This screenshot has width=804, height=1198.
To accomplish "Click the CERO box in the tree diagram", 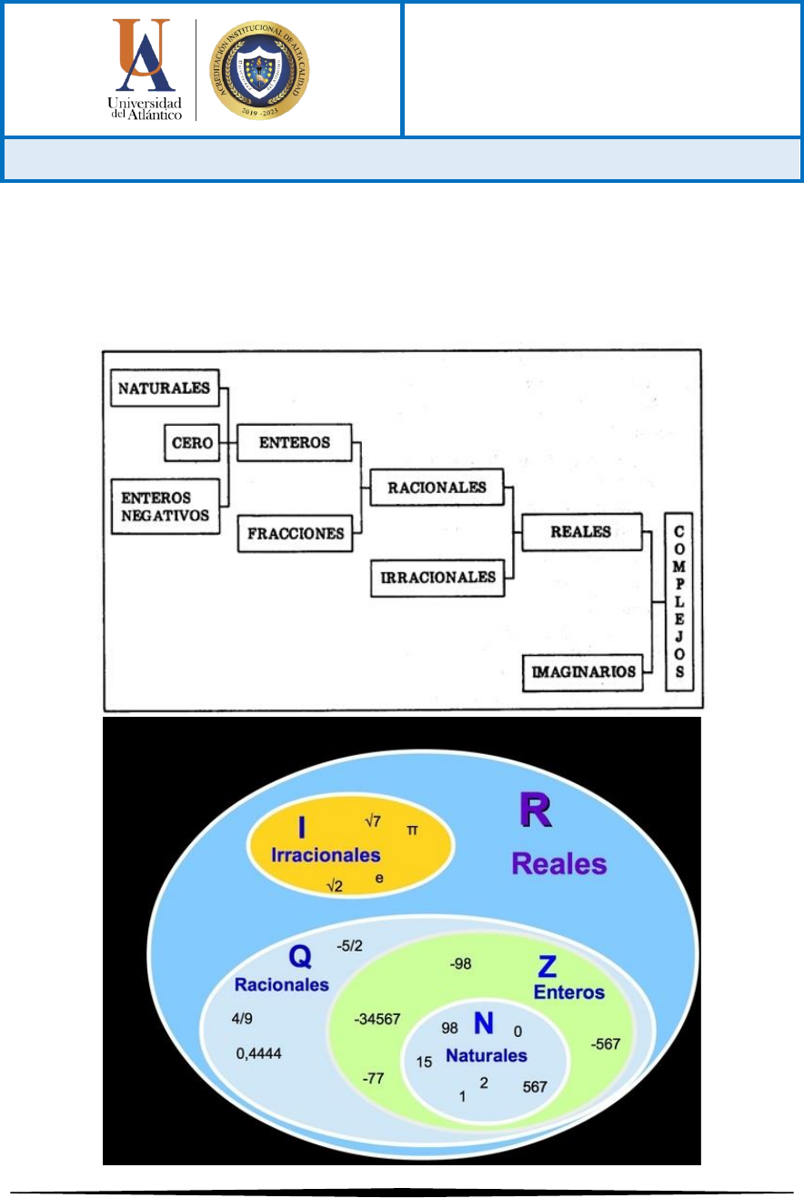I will coord(192,443).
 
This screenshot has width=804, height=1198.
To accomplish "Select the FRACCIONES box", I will coord(296,534).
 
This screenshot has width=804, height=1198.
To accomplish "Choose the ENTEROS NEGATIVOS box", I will coord(166,506).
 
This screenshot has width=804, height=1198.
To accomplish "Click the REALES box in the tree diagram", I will coord(581,532).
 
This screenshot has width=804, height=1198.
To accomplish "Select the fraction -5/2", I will coord(349,946).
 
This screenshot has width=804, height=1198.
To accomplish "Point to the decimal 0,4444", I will coord(259,1053).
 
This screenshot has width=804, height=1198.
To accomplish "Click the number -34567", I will coord(377,1020).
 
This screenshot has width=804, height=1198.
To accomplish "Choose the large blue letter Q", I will coord(301,956).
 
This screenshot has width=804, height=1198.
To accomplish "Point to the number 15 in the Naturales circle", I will coord(425,1062).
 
